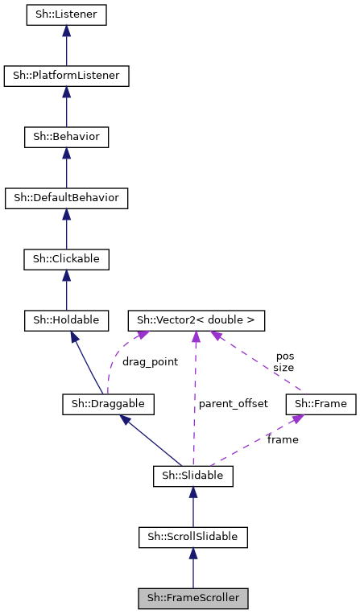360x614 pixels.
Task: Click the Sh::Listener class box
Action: (66, 15)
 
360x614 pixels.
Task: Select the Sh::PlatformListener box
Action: (66, 76)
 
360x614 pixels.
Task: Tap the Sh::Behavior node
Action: (66, 137)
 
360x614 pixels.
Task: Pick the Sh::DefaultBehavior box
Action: (66, 198)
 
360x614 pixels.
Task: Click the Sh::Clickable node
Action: (66, 259)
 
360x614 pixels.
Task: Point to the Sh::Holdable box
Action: (66, 320)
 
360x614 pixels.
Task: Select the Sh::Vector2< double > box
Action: (196, 320)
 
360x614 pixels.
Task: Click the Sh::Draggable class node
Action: (109, 403)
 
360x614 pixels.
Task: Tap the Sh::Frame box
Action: (321, 403)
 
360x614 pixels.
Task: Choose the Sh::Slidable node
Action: (192, 476)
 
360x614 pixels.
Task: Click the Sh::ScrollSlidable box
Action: (192, 536)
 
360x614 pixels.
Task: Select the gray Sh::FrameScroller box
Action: (192, 598)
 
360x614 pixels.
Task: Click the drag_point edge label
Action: (150, 362)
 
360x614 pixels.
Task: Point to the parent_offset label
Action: (234, 403)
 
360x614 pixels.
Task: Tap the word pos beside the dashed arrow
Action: (284, 355)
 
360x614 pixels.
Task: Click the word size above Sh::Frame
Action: (284, 367)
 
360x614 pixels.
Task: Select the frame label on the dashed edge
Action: (283, 439)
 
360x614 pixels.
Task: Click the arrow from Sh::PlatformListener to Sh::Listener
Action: (66, 46)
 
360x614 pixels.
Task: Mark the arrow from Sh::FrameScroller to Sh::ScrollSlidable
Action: (192, 567)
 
